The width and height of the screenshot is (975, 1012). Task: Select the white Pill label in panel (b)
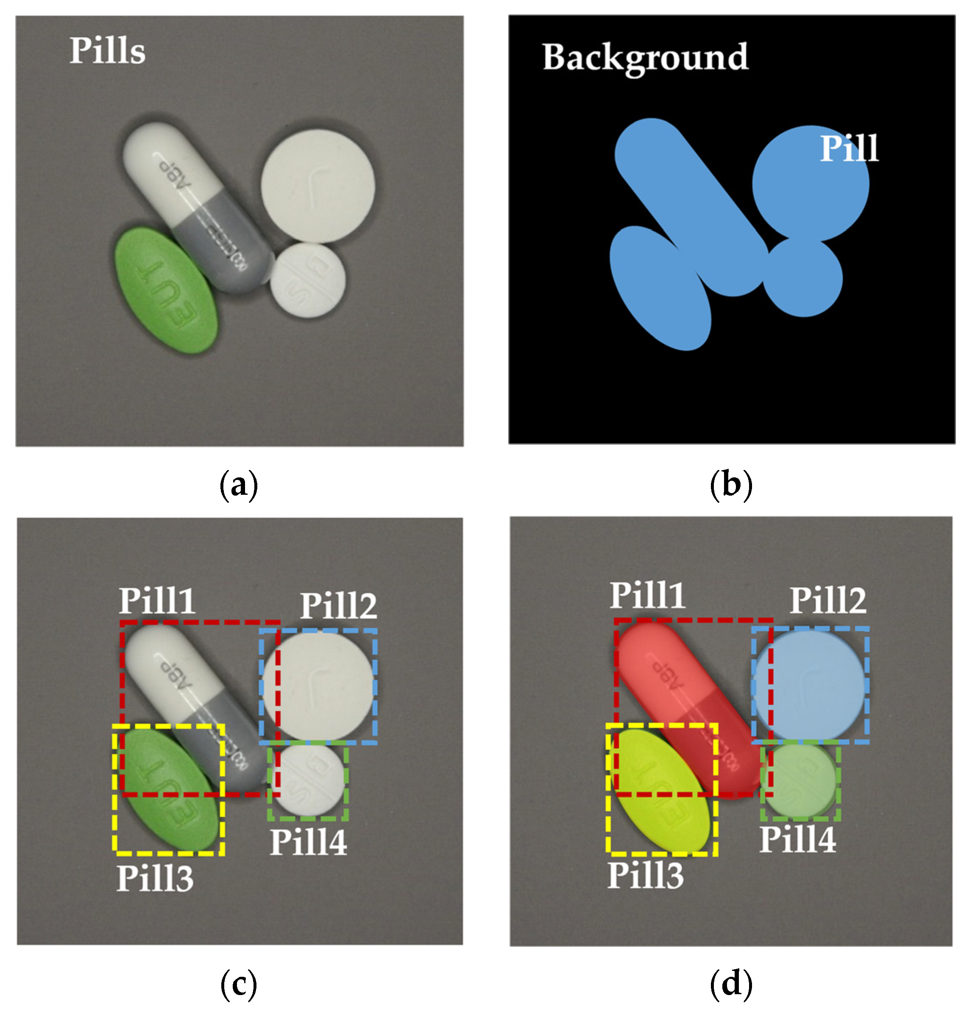coord(849,149)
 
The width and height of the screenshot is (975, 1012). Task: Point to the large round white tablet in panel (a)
coord(318,186)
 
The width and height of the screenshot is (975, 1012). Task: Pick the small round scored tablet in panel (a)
coord(308,280)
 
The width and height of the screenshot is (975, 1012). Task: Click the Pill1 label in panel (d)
coord(648,595)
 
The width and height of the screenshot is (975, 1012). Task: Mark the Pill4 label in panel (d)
coord(797,839)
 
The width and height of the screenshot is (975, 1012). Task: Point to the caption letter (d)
coord(731,984)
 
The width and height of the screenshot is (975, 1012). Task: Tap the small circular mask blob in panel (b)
coord(802,278)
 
